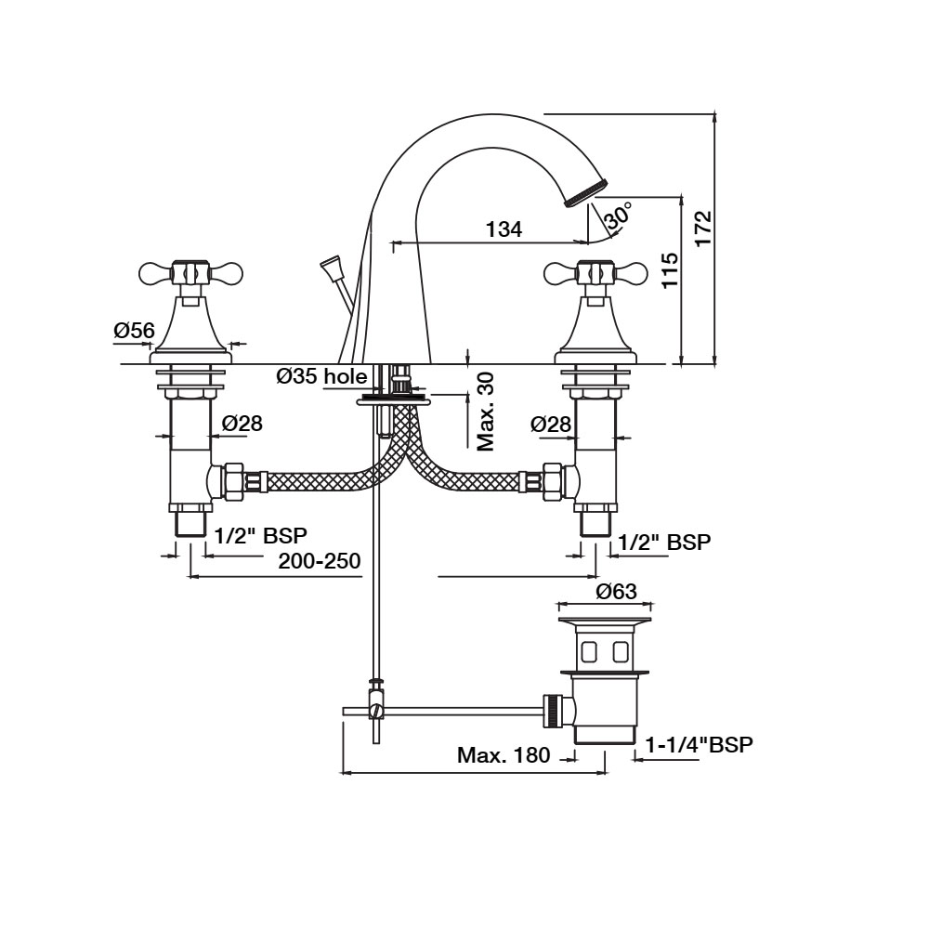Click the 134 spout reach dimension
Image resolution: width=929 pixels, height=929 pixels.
[504, 229]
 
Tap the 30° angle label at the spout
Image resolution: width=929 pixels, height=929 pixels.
[618, 216]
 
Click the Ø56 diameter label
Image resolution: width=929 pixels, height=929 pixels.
[134, 330]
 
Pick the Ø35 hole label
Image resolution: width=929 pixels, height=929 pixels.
[321, 376]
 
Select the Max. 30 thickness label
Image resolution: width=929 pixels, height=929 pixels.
[485, 412]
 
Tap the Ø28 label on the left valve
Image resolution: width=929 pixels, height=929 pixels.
[242, 424]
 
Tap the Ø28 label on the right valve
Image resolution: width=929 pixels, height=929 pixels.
[551, 424]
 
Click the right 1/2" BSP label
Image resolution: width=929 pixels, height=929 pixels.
[664, 543]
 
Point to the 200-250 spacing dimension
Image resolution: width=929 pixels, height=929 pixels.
[319, 561]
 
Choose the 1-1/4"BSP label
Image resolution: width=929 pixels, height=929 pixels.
[699, 744]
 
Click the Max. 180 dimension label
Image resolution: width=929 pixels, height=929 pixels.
[504, 755]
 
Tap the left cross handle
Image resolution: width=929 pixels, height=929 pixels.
[190, 273]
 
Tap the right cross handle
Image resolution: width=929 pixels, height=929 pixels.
[595, 273]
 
